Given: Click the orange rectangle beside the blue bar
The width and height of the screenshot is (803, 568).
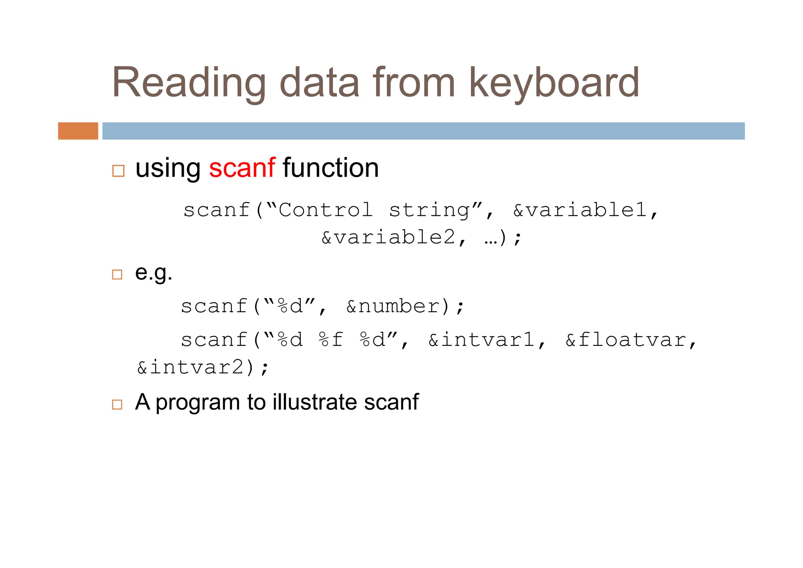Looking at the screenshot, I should pos(78,131).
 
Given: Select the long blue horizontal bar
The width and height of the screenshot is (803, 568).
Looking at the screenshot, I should pos(423,131).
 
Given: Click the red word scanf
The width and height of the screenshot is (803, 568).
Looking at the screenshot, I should pos(242,168).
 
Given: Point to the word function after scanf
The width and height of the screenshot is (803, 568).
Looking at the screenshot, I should pos(331,168).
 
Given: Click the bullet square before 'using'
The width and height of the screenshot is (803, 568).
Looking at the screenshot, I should pos(118,171).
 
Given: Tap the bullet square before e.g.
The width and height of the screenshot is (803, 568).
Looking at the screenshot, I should pos(117,274).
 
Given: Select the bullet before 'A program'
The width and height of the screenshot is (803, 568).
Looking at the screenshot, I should pos(117,404).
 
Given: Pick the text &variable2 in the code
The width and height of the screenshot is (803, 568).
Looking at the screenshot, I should pos(388,237).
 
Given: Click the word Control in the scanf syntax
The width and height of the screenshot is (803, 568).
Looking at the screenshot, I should pos(325,210).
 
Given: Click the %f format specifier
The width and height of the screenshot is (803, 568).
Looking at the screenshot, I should pos(331,340).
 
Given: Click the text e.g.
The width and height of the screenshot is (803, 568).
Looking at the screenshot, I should pos(154,273).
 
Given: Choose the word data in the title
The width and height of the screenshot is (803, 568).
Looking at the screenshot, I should pos(319,83).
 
